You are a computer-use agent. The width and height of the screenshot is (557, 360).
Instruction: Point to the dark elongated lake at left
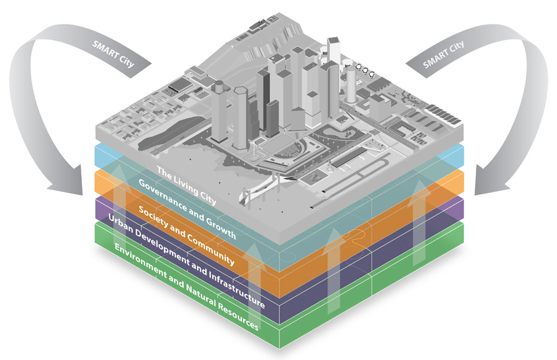[x=167, y=134]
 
